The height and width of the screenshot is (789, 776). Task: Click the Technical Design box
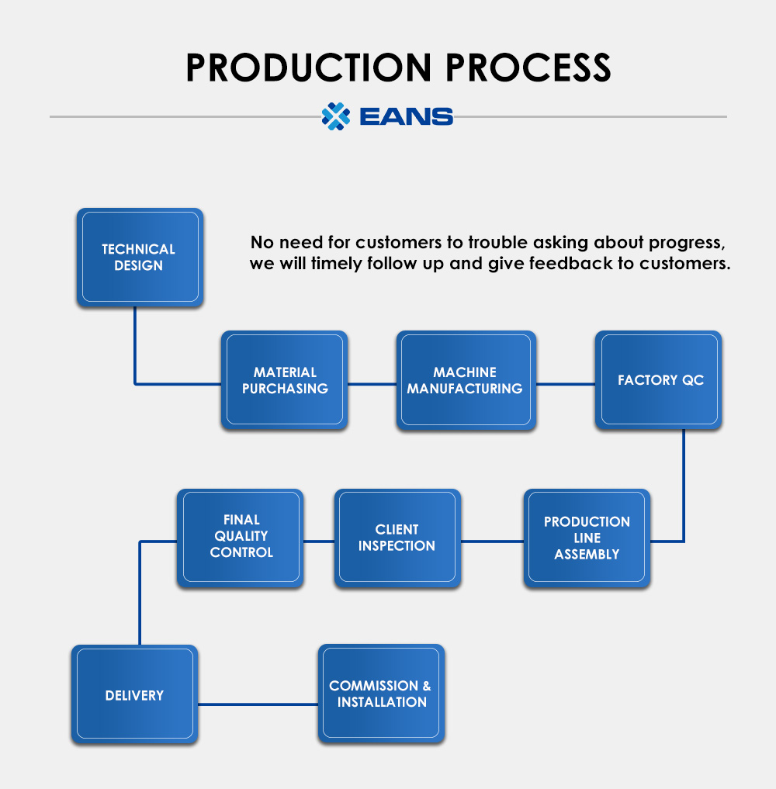[x=139, y=257]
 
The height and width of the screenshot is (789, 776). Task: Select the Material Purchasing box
[x=284, y=380]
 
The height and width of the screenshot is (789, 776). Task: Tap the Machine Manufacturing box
[x=465, y=380]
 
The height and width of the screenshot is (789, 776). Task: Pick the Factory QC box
[x=660, y=380]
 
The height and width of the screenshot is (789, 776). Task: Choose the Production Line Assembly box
[x=587, y=538]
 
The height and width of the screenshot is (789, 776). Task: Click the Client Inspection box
[x=397, y=538]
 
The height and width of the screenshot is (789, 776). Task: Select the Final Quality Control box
[x=241, y=537]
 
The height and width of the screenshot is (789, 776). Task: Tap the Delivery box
[x=134, y=695]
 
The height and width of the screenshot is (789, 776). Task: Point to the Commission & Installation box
[x=380, y=694]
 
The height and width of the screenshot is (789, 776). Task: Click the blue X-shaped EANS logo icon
[x=336, y=116]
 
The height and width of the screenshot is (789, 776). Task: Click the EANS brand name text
[x=407, y=117]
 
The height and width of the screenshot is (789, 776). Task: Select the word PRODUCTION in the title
[x=304, y=68]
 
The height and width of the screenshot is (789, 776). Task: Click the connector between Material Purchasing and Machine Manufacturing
[x=372, y=383]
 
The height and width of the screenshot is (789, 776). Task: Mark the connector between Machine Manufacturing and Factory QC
[x=566, y=383]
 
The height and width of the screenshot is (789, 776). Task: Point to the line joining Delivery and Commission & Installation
[x=258, y=704]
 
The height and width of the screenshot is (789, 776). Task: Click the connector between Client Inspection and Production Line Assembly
[x=492, y=541]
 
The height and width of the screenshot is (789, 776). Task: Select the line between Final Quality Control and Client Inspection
[x=319, y=541]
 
